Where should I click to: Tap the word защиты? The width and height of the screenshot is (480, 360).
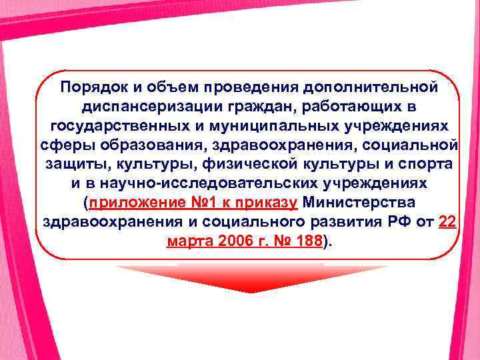pos(71,164)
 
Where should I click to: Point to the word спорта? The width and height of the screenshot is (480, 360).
pos(425,164)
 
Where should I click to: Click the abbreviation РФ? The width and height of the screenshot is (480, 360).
pos(395,222)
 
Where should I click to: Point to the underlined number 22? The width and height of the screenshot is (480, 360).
pos(447,222)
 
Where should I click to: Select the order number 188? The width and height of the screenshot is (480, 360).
pos(308,241)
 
